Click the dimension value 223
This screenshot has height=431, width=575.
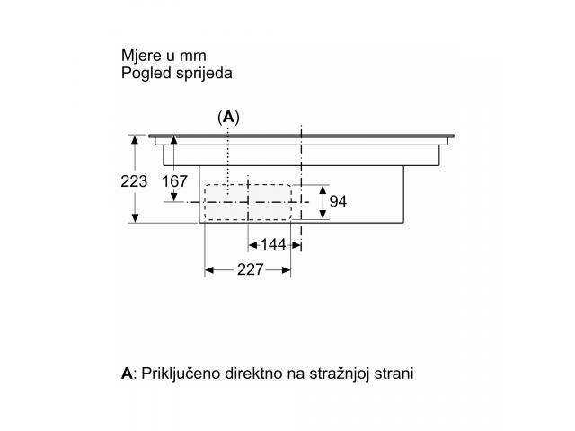(x=134, y=181)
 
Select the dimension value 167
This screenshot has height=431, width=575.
(x=174, y=181)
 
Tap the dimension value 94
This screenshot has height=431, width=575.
(x=338, y=201)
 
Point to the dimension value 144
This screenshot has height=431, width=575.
(x=273, y=244)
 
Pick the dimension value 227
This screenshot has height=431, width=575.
(x=251, y=269)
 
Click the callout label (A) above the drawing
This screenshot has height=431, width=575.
(x=228, y=118)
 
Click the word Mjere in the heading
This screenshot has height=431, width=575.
(x=141, y=56)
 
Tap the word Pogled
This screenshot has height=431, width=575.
(x=146, y=74)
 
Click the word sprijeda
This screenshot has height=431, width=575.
(x=204, y=74)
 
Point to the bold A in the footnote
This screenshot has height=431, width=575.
(x=127, y=374)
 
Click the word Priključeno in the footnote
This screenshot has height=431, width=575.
(x=181, y=374)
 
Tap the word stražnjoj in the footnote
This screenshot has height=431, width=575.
(x=340, y=374)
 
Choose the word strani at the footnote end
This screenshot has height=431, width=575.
(x=394, y=374)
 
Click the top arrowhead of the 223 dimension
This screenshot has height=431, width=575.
(x=135, y=140)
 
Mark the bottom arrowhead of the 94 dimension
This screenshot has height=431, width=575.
(x=323, y=214)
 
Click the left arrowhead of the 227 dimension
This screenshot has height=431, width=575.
(x=209, y=270)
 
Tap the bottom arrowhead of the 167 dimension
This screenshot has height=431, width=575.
(x=174, y=198)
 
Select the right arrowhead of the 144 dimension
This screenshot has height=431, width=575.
(x=296, y=245)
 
